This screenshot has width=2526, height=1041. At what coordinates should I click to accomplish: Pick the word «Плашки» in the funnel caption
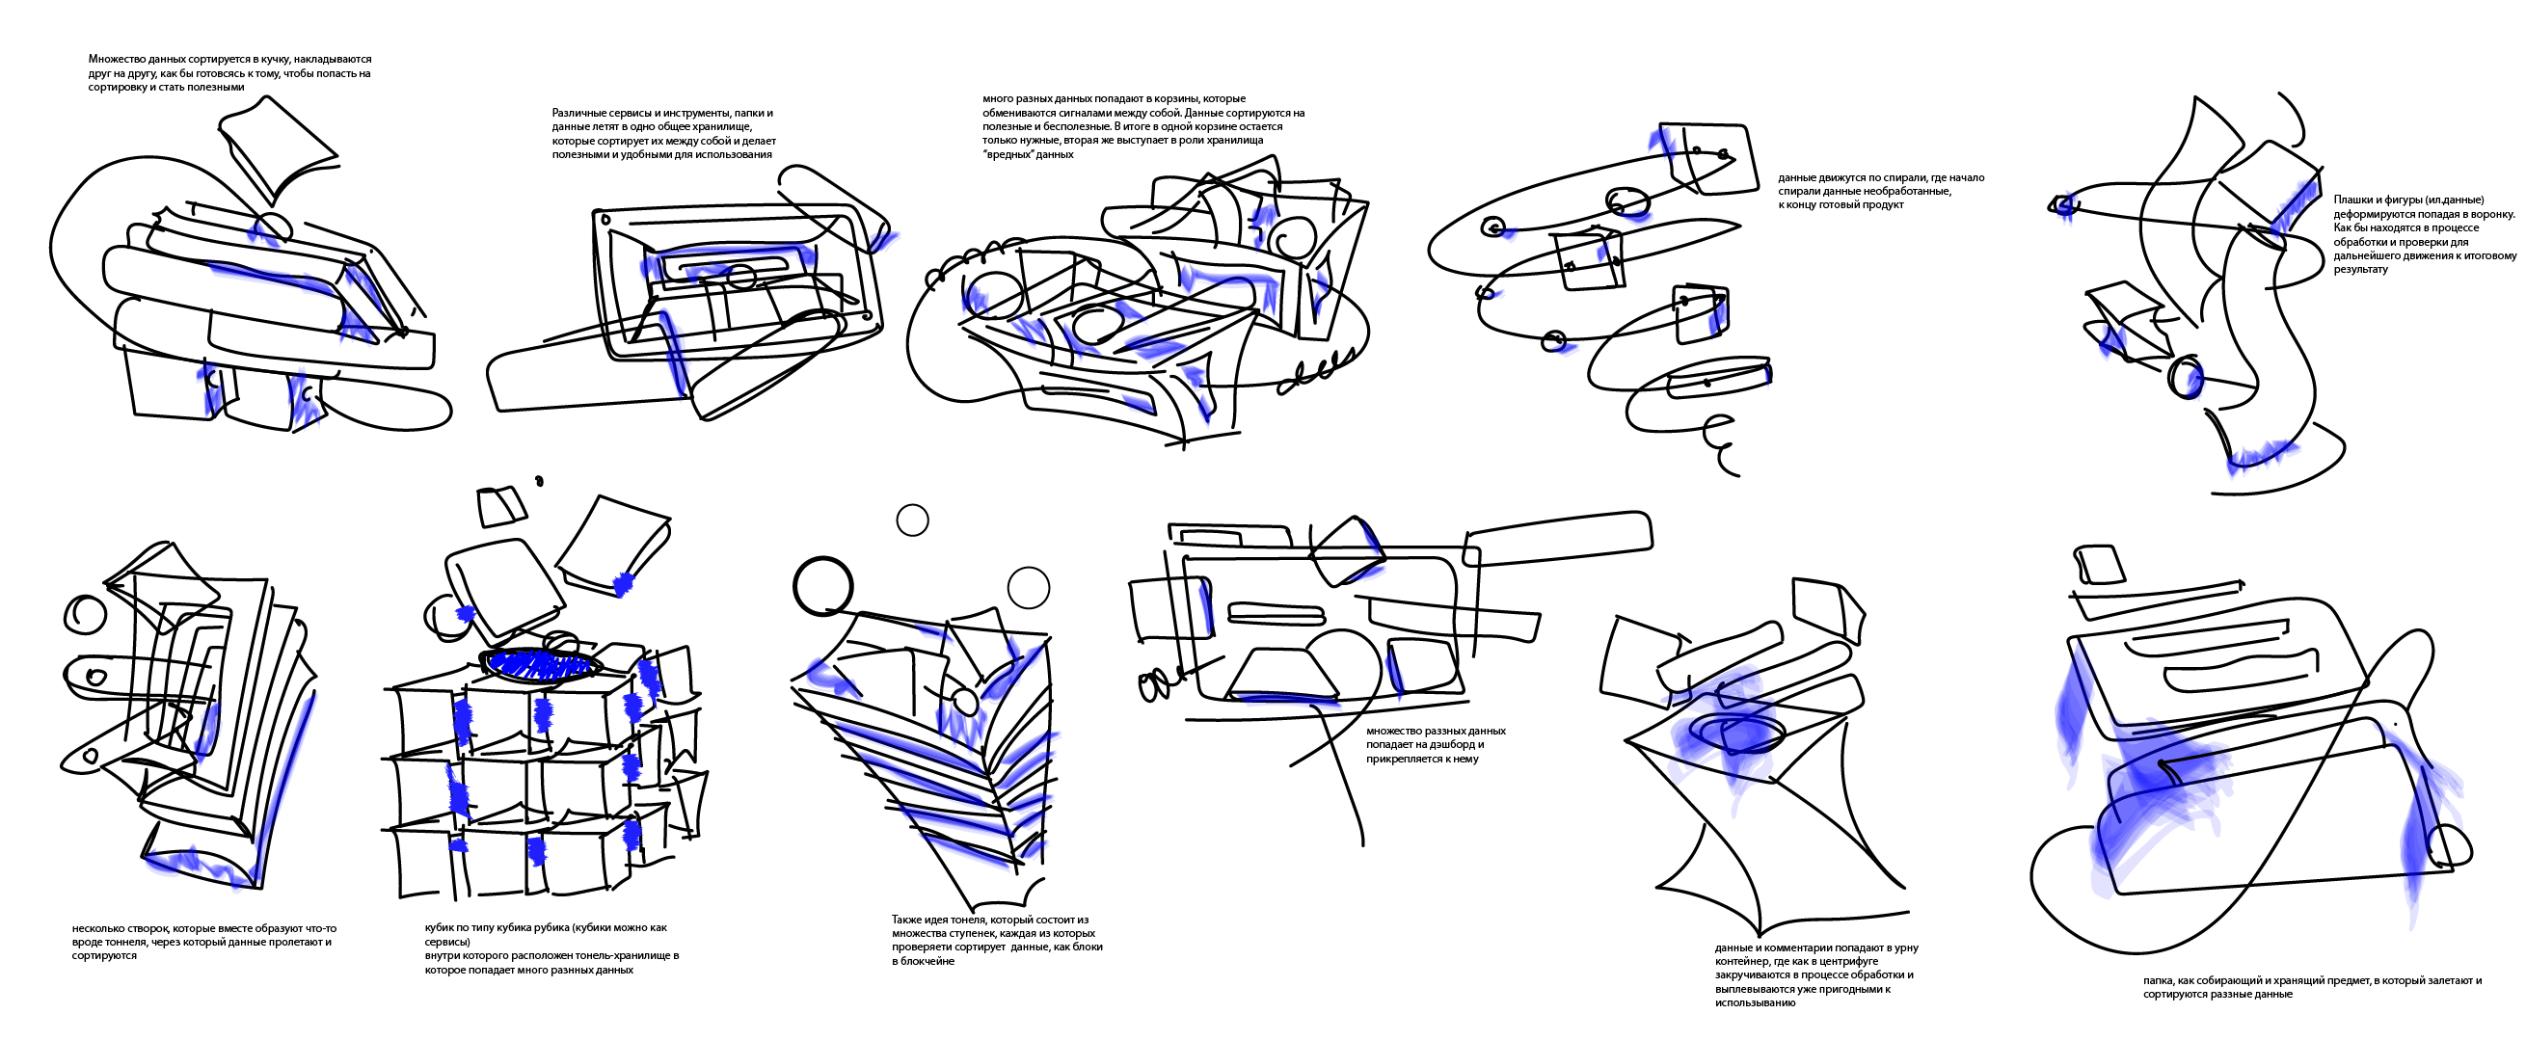point(2351,200)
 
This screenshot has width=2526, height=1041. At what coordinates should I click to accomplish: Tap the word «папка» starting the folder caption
point(2159,980)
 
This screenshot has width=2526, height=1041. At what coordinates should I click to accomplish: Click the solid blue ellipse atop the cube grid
point(541,663)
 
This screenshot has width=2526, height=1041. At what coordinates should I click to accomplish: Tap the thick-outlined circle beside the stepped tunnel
point(821,586)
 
